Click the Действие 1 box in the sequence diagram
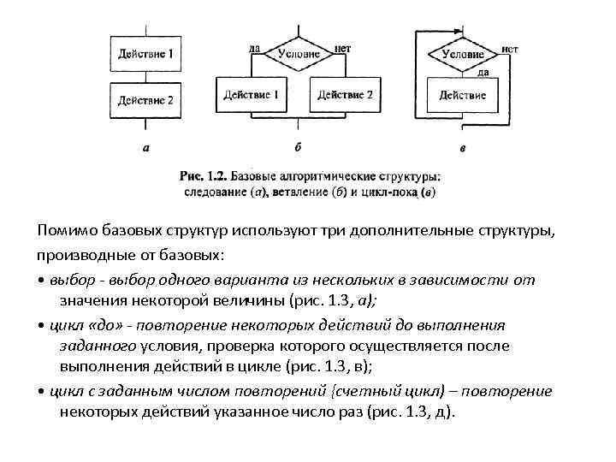[146, 53]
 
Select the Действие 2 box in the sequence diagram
[146, 100]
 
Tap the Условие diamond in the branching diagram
[299, 53]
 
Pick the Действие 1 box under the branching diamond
[251, 94]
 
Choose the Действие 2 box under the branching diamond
[345, 94]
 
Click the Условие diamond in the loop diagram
[462, 54]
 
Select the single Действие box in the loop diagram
[462, 95]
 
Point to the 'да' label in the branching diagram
[254, 48]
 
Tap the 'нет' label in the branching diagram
[343, 48]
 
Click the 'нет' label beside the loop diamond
[510, 49]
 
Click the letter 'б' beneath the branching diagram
[297, 147]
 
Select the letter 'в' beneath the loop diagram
[463, 149]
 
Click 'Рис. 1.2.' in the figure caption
[202, 175]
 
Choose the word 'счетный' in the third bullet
[365, 390]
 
